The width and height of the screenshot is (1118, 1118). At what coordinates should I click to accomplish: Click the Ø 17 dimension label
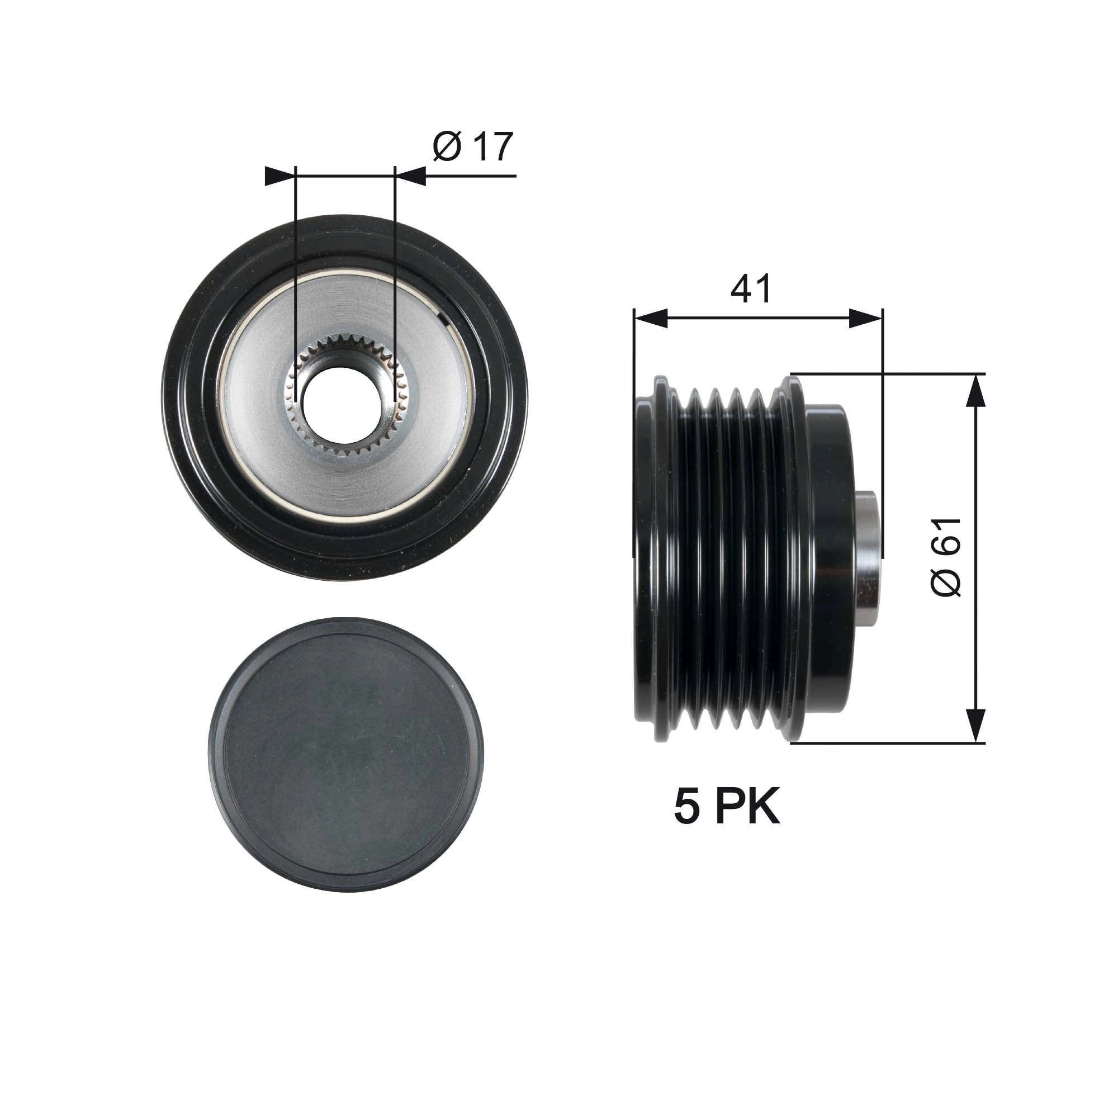coord(472,148)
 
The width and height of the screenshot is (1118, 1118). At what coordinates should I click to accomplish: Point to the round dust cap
coord(345,755)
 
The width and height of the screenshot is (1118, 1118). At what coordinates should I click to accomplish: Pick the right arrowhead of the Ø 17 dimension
coord(412,176)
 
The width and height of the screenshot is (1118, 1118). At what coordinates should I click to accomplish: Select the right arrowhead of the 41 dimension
coord(867,318)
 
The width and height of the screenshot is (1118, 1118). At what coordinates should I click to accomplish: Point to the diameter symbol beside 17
coord(447,148)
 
